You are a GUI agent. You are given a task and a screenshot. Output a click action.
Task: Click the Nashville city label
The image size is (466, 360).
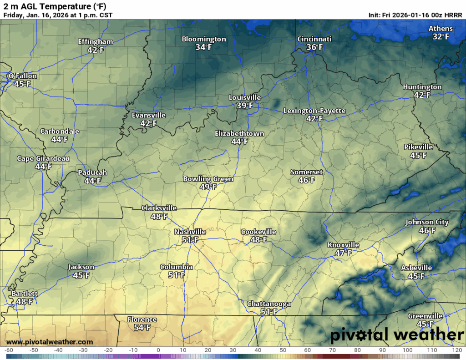coord(190,232)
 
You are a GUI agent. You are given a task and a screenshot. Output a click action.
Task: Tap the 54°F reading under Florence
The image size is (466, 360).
coord(142,328)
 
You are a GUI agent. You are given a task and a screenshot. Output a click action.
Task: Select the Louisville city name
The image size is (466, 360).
coord(244,98)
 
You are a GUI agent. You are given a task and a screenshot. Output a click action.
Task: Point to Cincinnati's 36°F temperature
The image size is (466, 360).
coord(314,47)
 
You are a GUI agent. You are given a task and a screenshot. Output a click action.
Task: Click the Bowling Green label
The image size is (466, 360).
coord(208,179)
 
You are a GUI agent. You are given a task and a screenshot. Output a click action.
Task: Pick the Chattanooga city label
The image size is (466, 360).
coord(268,304)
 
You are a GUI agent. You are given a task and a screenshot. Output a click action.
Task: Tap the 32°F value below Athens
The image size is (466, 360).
coord(441,37)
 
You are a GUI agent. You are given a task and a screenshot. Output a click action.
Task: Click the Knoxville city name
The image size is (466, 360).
coord(343,245)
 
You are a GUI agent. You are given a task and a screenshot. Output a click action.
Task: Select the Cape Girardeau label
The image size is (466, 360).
coord(43,159)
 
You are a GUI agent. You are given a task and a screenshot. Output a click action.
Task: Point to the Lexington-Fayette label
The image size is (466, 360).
coord(314,111)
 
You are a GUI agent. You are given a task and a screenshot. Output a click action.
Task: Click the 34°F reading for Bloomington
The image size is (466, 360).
coord(204,47)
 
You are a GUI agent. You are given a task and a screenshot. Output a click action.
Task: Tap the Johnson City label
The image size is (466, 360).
coord(427,223)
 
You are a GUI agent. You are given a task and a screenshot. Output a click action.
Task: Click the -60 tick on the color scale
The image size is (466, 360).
coord(8,350)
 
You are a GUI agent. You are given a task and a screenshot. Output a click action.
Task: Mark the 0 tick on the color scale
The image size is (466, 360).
coord(158,350)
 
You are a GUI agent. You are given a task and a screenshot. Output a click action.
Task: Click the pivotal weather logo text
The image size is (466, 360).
coord(396,336)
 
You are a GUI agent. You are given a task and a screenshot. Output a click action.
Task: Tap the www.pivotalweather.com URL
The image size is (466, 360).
coord(50,342)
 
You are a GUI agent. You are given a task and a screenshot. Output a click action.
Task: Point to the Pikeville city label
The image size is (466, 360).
coord(418,147)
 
